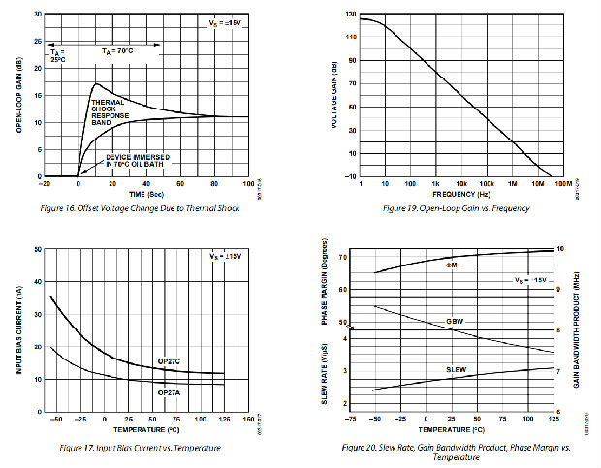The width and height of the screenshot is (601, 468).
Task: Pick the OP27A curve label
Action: pyautogui.click(x=171, y=391)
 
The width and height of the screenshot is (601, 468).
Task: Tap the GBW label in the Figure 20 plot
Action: pyautogui.click(x=455, y=321)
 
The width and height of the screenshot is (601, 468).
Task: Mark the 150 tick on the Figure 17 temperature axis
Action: pyautogui.click(x=248, y=420)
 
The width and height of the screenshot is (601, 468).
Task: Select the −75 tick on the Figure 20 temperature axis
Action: pyautogui.click(x=351, y=419)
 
